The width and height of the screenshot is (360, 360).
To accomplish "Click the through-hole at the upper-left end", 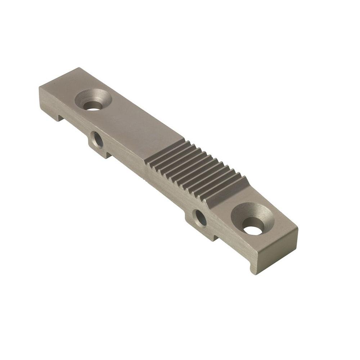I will pos(93,105).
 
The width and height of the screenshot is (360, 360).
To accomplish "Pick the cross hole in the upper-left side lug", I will pos(97,139).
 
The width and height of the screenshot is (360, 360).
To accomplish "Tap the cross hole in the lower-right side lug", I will pos(200,218).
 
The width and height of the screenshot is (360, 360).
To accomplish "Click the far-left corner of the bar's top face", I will pos(39,87).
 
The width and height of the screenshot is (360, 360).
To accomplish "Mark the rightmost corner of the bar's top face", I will pos(297,228).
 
